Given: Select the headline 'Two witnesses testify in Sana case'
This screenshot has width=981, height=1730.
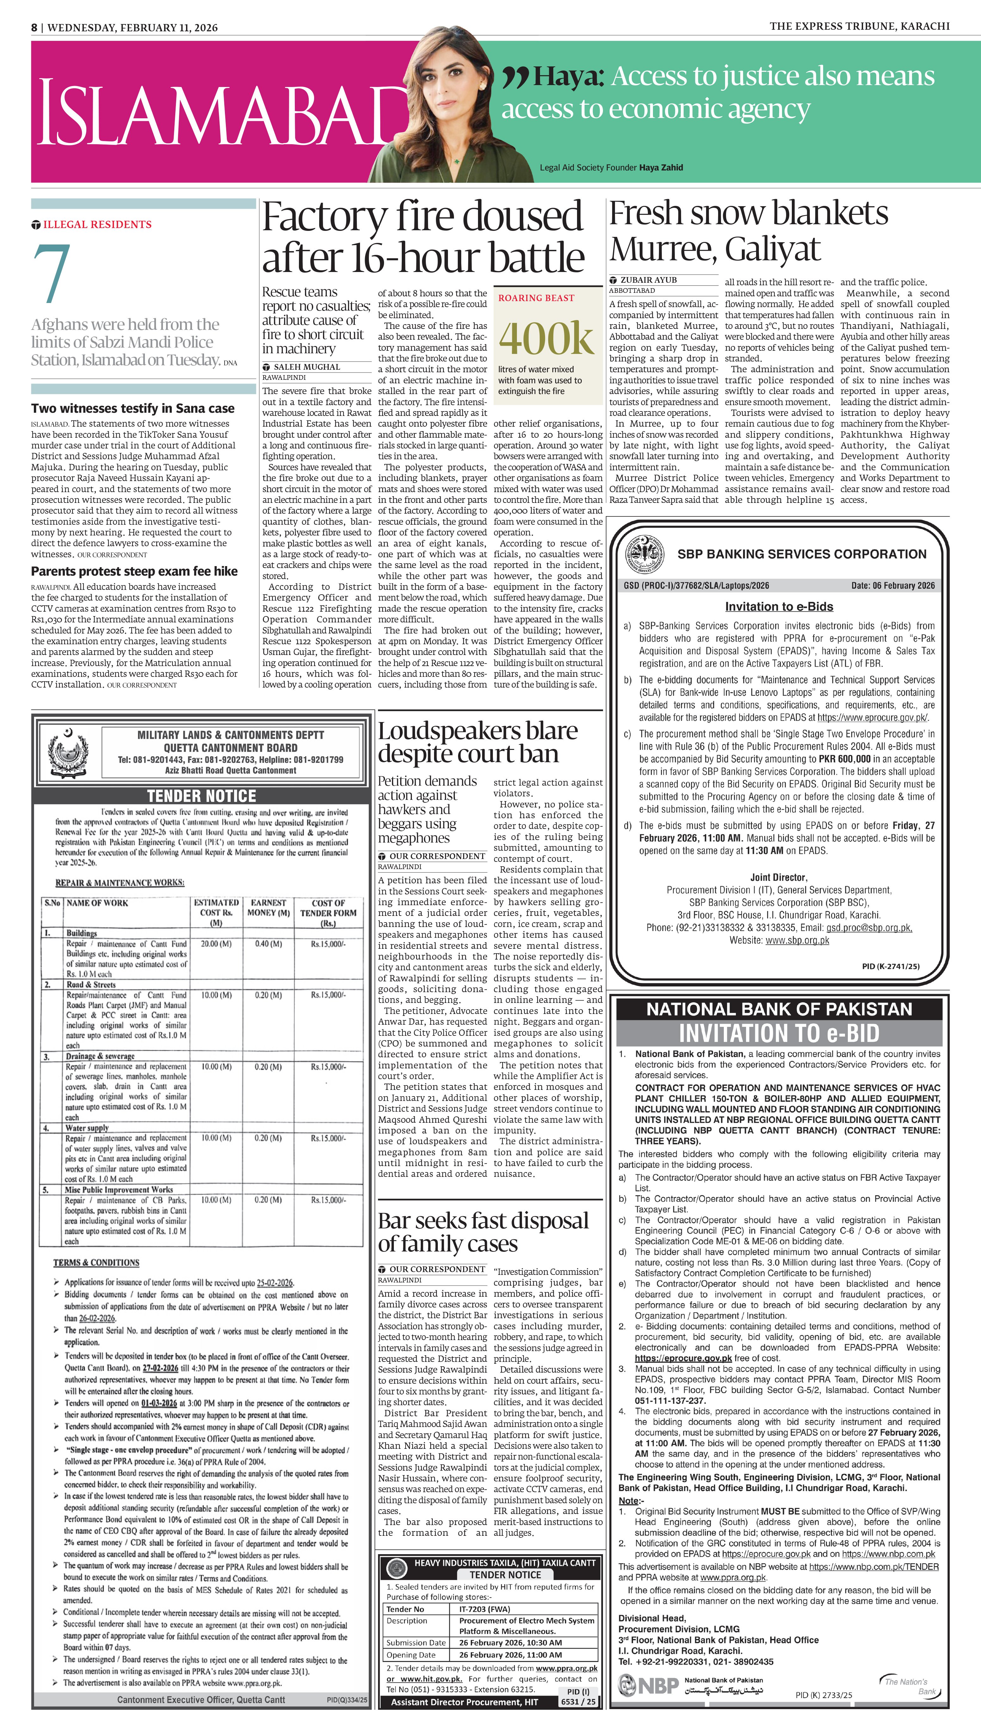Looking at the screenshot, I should click(x=133, y=408).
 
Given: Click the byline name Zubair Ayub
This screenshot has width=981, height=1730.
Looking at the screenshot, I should click(x=648, y=280).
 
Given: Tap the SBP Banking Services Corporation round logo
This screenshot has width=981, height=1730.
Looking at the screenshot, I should click(x=645, y=554).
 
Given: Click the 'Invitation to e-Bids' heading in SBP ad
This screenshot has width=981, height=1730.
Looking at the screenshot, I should click(x=779, y=606).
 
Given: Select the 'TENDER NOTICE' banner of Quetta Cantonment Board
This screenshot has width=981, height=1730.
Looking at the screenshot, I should click(x=202, y=795).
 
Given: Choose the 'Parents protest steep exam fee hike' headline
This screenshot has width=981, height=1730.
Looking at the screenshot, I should click(x=134, y=571).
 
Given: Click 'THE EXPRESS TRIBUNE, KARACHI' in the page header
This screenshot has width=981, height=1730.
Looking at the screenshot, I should click(x=859, y=26).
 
